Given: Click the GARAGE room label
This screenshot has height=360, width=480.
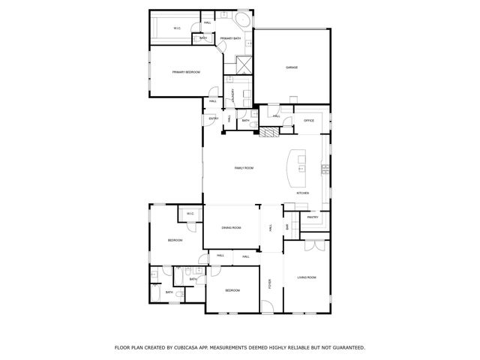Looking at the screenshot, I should point(292,67).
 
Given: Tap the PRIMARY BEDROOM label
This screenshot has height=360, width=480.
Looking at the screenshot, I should point(186,72).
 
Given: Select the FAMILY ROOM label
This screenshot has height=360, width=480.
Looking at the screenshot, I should point(244,168).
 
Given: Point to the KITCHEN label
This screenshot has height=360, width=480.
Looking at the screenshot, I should point(302,193).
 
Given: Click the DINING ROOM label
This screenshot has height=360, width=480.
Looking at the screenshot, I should point(231,227).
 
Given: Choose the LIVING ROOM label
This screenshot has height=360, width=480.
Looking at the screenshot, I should point(306,277).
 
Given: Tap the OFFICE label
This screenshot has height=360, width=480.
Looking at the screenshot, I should point(308,120).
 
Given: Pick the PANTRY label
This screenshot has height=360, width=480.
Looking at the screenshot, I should point(313,217).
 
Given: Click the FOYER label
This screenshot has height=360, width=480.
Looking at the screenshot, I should point(270,283).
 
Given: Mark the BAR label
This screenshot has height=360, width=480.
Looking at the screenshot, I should point(286,226).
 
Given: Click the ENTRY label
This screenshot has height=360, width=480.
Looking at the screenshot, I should point(213,119).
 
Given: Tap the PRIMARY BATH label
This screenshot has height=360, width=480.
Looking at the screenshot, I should point(231,38).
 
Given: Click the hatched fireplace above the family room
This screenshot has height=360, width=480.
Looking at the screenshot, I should point(268,133).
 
